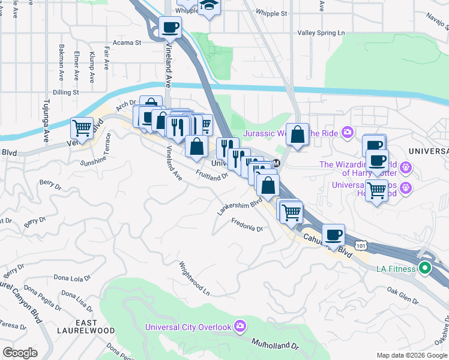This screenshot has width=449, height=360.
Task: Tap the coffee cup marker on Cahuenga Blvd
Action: [x=333, y=234]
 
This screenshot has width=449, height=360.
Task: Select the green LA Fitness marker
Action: [x=425, y=268]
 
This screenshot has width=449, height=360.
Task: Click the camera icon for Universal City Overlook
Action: [x=240, y=326]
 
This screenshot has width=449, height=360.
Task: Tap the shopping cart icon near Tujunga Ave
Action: [x=82, y=127]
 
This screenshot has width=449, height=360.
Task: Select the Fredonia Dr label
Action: [x=247, y=225]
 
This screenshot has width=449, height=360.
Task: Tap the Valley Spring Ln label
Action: [x=322, y=34]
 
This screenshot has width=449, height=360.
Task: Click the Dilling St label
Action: [x=65, y=92]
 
